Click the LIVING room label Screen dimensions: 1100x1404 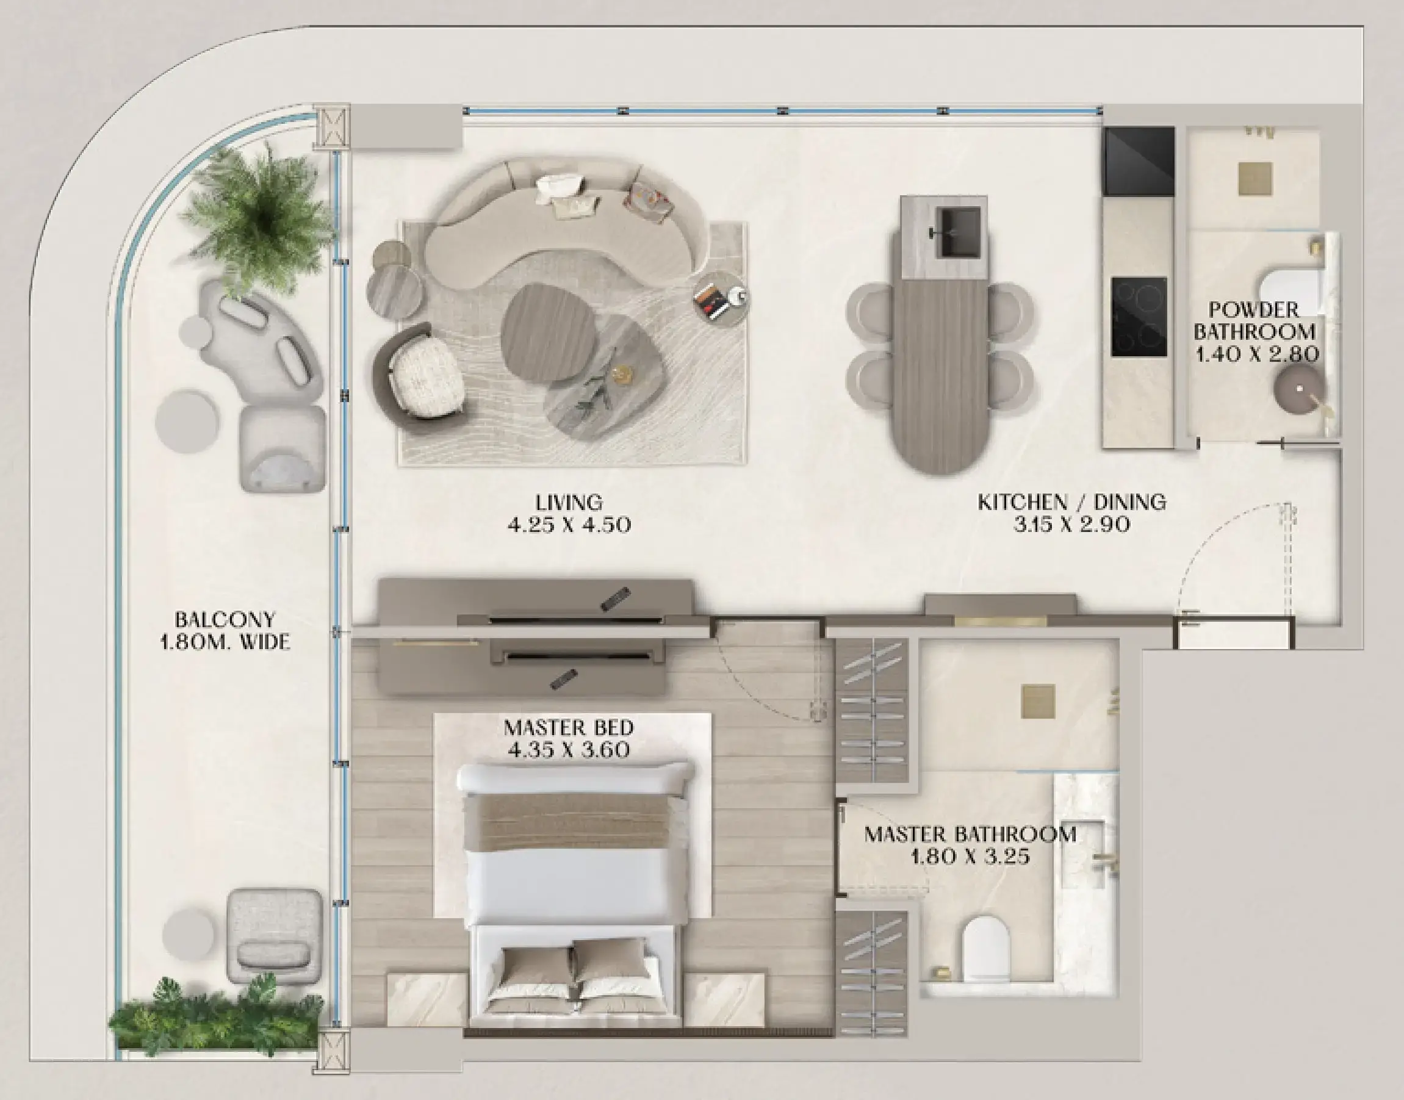[569, 501]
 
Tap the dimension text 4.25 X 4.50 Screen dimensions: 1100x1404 [569, 524]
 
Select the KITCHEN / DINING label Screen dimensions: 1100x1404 [1071, 501]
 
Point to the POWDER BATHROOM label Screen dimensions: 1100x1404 [1255, 321]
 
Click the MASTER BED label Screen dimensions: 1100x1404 [569, 728]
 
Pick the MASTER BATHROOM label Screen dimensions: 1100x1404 [970, 834]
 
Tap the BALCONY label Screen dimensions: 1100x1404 [225, 620]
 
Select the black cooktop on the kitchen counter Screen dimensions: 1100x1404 [1139, 317]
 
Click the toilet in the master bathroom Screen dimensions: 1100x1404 [984, 949]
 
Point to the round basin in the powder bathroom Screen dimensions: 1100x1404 [1298, 390]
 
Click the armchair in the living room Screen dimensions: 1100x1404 [420, 374]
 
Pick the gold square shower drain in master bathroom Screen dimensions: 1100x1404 [1037, 701]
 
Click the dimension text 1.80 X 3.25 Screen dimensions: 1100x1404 [970, 857]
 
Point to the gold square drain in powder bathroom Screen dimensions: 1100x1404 [1255, 178]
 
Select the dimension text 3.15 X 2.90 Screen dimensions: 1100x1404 [1071, 524]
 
